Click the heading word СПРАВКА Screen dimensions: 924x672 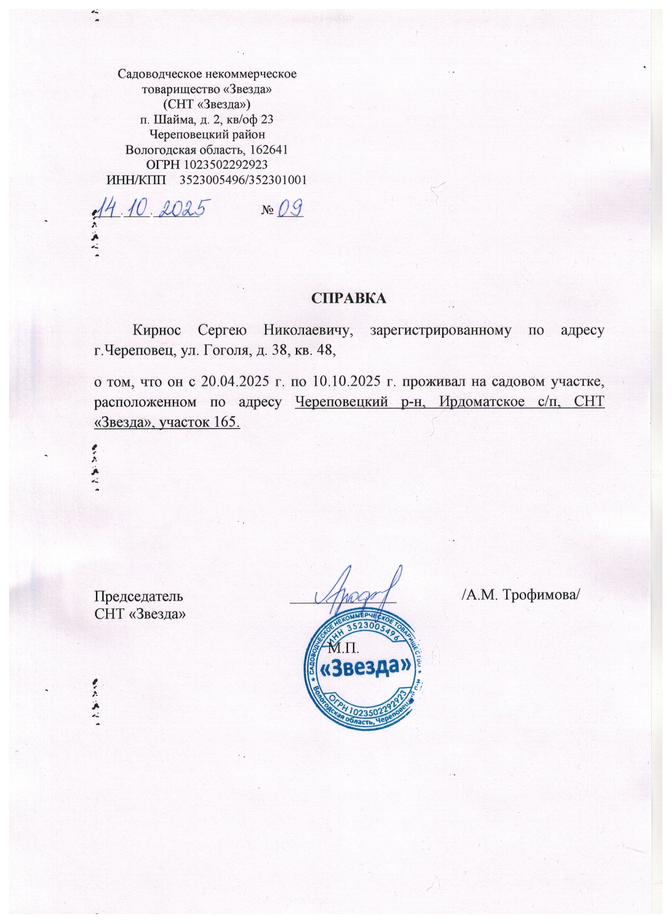click(x=348, y=298)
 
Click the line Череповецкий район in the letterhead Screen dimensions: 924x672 click(x=208, y=134)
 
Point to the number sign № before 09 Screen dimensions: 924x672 click(x=267, y=211)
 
